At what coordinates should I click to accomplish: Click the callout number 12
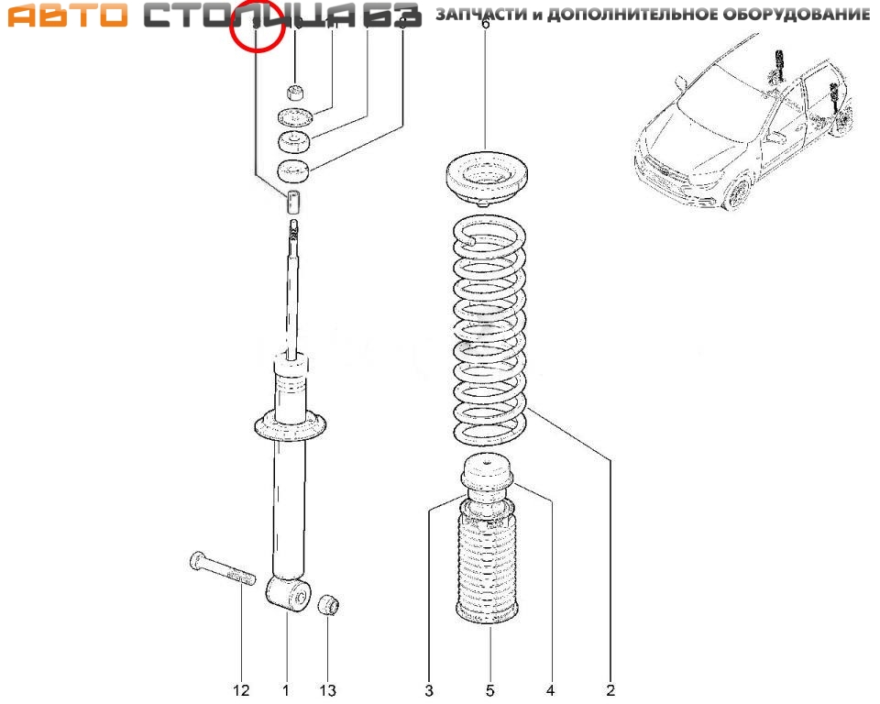point(241,690)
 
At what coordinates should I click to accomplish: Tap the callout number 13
point(327,690)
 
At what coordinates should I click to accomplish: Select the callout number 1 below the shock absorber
point(285,690)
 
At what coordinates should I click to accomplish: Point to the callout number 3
point(428,690)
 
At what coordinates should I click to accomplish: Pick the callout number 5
point(489,690)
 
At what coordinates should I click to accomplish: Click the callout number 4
point(550,690)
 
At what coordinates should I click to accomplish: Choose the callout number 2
point(610,690)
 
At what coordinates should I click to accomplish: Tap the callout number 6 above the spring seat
point(486,25)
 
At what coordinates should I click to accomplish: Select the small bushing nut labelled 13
point(328,605)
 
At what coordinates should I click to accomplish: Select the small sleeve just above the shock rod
point(293,203)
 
